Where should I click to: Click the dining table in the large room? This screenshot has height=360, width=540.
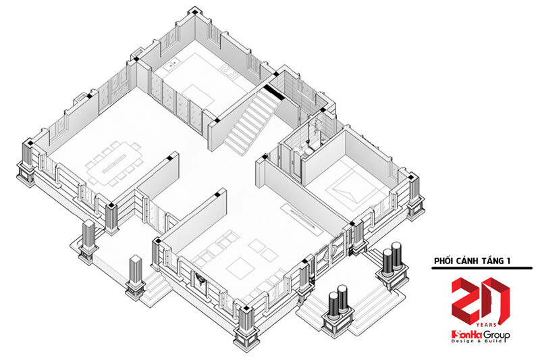tap(113, 164)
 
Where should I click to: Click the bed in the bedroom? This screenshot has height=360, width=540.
tap(350, 191)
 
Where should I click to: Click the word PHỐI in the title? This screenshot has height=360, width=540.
tap(443, 261)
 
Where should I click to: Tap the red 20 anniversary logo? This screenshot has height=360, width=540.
tap(480, 301)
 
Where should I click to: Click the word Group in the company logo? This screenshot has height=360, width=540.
tap(496, 335)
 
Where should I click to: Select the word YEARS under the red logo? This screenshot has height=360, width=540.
tap(486, 325)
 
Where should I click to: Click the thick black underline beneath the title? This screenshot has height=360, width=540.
tap(482, 268)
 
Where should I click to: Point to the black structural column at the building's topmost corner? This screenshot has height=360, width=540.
tap(195, 12)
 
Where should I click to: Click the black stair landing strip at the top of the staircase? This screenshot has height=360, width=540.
tap(274, 92)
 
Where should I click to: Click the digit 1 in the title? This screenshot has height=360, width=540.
tap(508, 261)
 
